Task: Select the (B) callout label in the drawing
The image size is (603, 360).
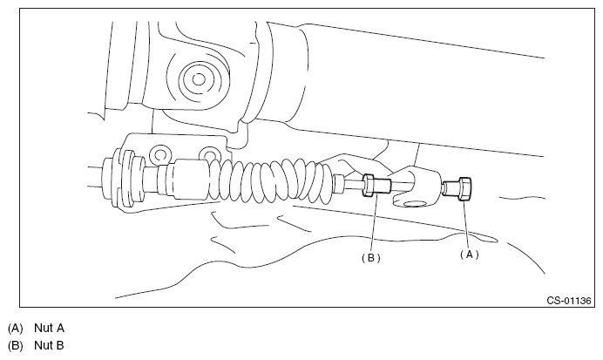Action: click(x=370, y=257)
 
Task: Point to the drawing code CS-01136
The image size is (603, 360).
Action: click(x=569, y=301)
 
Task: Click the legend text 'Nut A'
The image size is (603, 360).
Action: click(x=49, y=328)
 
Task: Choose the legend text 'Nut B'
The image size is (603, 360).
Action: click(x=49, y=345)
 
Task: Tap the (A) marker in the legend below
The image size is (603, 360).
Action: click(x=14, y=328)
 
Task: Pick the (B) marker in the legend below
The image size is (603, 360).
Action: click(x=14, y=345)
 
